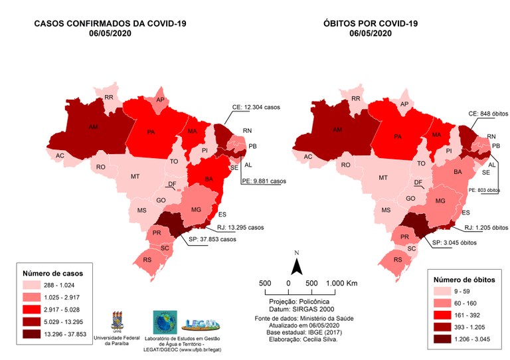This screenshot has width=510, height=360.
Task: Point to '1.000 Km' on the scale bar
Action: [x=343, y=284]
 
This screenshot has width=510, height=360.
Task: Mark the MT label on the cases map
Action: [x=135, y=177]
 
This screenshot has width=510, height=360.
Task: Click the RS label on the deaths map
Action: [x=397, y=259]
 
